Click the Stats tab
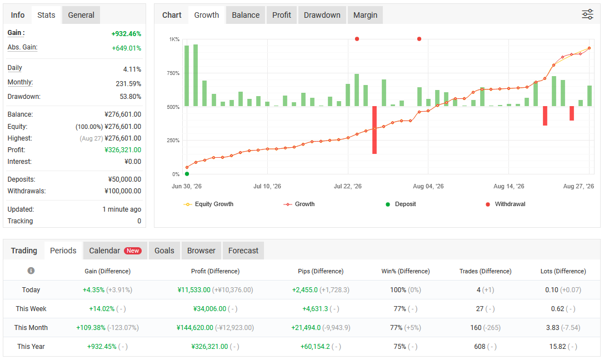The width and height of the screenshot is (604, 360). click(46, 15)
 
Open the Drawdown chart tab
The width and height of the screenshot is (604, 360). click(322, 15)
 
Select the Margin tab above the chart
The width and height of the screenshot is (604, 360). click(365, 15)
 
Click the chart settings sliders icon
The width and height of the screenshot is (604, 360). click(587, 14)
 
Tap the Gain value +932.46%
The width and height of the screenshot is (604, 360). click(126, 34)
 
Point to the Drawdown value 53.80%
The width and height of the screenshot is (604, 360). click(130, 97)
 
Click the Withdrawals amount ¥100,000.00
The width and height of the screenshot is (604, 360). click(123, 191)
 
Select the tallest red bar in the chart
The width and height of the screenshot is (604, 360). click(375, 130)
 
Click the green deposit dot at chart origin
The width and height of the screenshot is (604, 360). click(187, 174)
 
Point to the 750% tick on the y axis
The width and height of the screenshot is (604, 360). click(173, 73)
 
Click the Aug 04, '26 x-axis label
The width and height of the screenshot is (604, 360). click(428, 186)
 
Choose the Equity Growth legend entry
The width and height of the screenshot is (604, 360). click(208, 204)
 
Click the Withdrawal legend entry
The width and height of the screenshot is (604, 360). click(506, 204)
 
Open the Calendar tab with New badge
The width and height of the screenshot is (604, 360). click(115, 251)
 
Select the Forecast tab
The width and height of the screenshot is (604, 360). click(243, 251)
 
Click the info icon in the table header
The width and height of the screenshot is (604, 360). click(31, 271)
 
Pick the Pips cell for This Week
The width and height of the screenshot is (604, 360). click(321, 309)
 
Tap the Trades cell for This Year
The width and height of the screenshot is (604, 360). click(485, 347)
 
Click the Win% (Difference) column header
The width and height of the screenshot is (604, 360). click(405, 271)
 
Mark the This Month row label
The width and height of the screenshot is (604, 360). click(31, 328)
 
